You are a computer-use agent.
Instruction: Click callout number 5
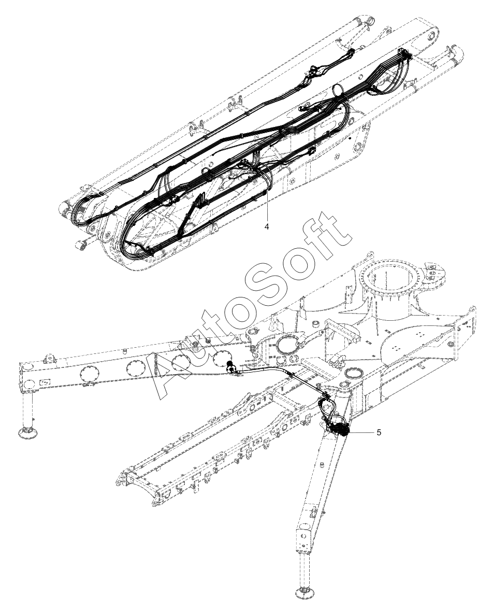coord(379,432)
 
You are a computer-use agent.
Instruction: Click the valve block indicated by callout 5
coord(340,429)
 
